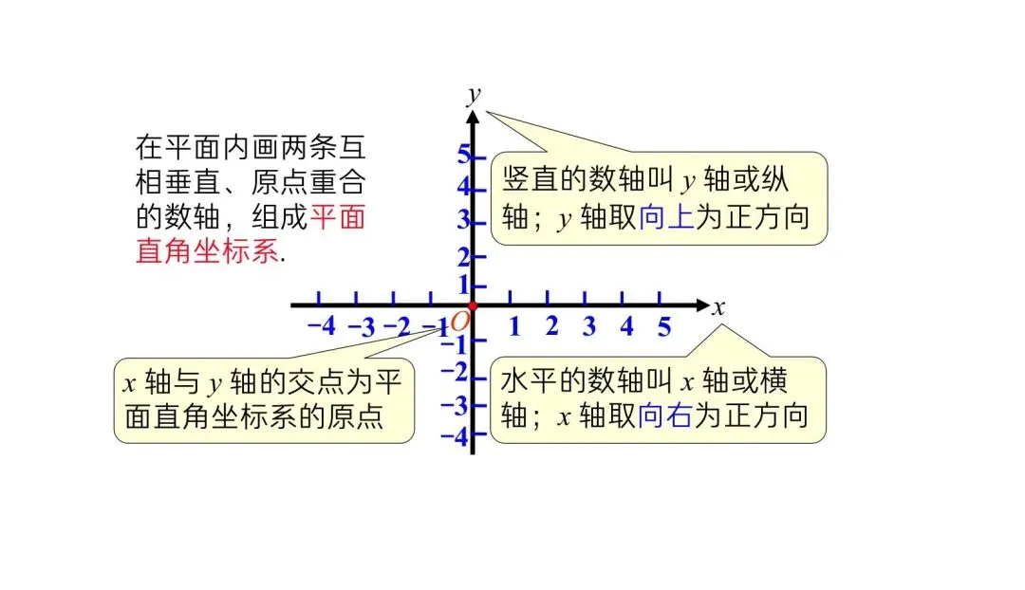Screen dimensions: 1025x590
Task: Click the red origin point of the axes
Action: tap(473, 305)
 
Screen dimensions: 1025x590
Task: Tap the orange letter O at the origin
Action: tap(460, 322)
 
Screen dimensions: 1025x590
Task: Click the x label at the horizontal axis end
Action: tap(718, 306)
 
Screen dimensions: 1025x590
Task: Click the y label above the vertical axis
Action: tap(474, 94)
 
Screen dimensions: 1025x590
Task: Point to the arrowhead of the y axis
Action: tap(473, 117)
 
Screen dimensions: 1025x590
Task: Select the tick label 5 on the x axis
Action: tap(664, 327)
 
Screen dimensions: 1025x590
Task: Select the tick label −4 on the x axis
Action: tap(322, 326)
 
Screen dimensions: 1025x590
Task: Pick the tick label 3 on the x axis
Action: tap(588, 327)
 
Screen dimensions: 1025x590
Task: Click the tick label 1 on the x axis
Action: tap(513, 327)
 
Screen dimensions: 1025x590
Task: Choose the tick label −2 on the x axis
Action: tap(396, 328)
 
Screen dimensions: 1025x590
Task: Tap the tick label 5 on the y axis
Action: tap(464, 154)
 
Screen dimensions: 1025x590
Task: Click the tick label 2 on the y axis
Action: tap(464, 257)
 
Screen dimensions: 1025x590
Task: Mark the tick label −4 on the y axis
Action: tap(458, 437)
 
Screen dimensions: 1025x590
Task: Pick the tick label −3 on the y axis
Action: tap(458, 405)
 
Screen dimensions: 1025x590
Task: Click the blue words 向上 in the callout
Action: tap(667, 218)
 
